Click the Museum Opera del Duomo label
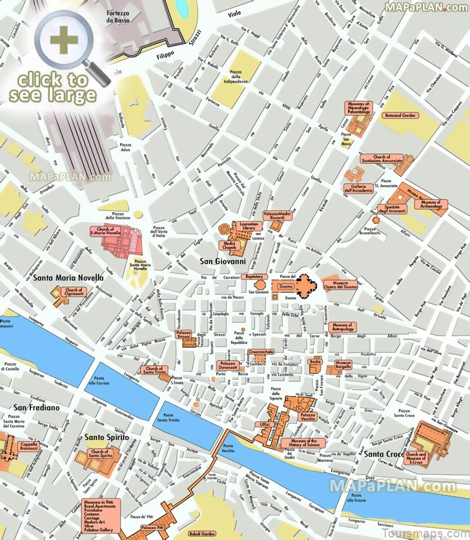pyautogui.click(x=340, y=285)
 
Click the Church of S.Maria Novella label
pyautogui.click(x=105, y=231)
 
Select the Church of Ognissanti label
pyautogui.click(x=74, y=293)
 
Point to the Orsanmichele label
pyautogui.click(x=265, y=352)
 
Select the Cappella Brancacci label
pyautogui.click(x=29, y=446)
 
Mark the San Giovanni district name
pyautogui.click(x=222, y=261)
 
